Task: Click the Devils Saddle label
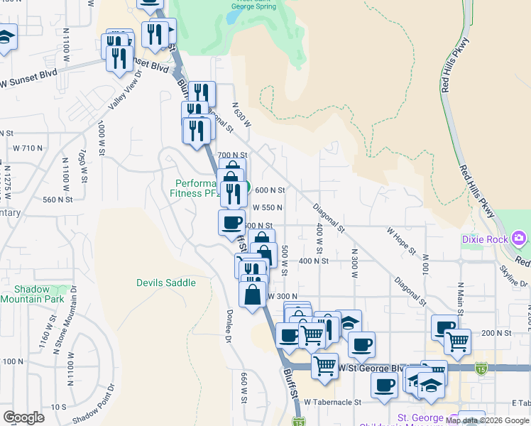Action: [x=165, y=283]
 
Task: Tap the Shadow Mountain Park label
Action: [x=32, y=294]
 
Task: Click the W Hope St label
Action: [x=401, y=241]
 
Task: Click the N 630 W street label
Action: [x=241, y=114]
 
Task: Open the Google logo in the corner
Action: [x=23, y=417]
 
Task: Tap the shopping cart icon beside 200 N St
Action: [x=457, y=343]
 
